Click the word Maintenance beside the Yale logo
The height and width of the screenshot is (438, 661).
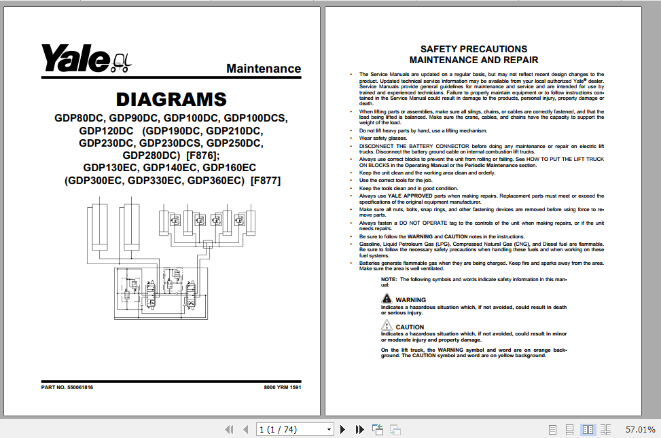tap(264, 69)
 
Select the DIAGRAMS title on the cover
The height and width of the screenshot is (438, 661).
tap(171, 99)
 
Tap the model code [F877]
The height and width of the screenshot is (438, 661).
tap(266, 181)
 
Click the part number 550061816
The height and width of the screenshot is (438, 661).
tap(80, 387)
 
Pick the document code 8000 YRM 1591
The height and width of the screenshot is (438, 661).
tap(282, 387)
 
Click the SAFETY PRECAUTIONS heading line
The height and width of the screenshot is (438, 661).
tap(474, 49)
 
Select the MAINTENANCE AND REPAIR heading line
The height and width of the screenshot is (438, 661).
tap(474, 60)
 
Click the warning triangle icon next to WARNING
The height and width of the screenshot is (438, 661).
tap(387, 299)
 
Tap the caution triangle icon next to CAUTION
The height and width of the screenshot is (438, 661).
tap(387, 326)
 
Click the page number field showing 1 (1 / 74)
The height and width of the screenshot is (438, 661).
tap(295, 429)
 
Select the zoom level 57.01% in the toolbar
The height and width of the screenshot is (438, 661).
tap(640, 430)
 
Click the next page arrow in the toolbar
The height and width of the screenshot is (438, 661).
tap(343, 429)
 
